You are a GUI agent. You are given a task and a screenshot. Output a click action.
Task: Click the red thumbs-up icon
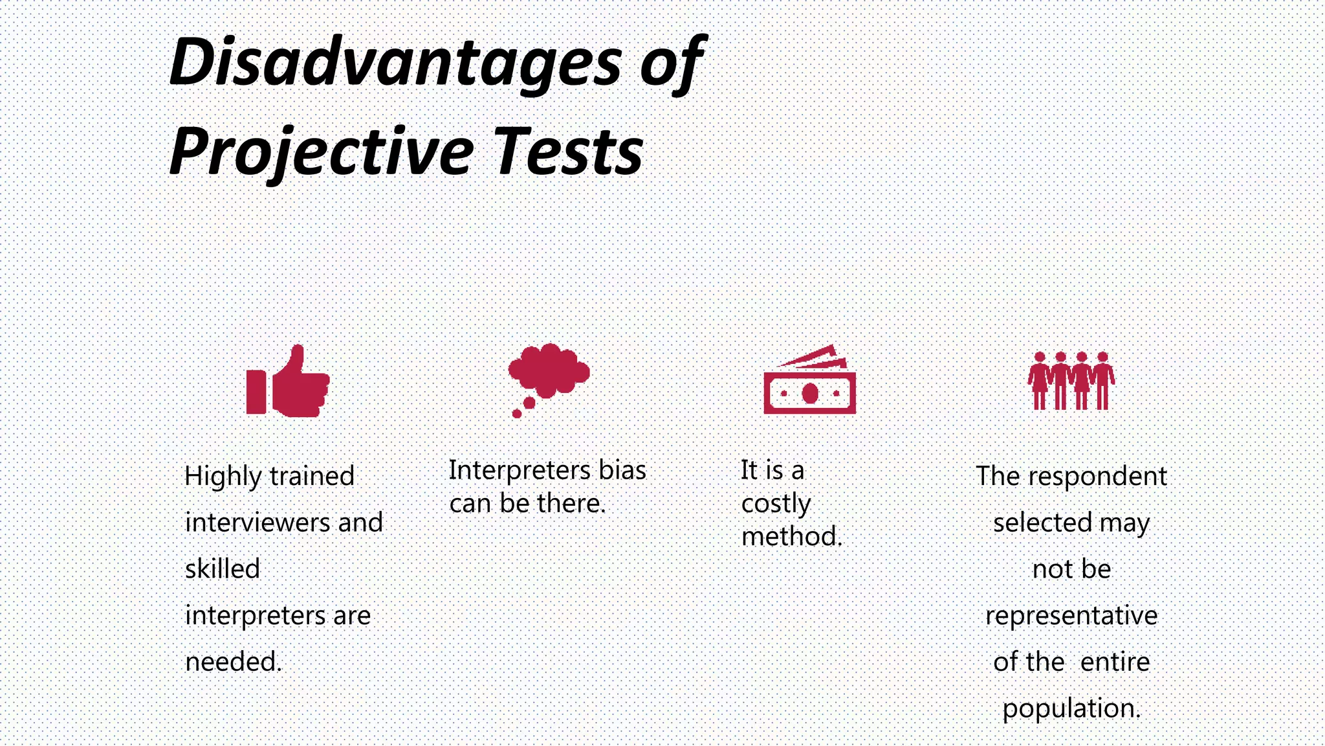[288, 381]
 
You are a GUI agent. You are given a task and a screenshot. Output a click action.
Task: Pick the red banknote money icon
[809, 382]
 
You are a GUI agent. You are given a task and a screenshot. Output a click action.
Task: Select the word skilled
[222, 569]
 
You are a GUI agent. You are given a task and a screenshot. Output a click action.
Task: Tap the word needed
[233, 662]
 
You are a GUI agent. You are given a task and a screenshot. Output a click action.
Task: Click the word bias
[622, 471]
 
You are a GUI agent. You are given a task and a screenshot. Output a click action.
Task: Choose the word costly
[776, 504]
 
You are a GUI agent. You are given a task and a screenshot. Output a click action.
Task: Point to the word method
[791, 537]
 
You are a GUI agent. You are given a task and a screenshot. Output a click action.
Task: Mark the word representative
[1071, 616]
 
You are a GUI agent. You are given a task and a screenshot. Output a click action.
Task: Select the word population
[1071, 708]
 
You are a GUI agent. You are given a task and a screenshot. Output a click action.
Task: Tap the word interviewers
[257, 523]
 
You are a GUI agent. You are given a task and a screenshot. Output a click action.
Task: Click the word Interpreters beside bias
[520, 471]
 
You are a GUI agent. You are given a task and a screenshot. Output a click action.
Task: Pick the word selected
[1042, 523]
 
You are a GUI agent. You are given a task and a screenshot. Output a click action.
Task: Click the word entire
[1115, 662]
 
